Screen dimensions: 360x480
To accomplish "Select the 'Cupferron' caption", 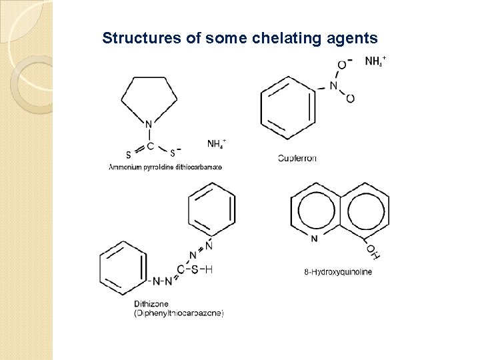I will tap(297, 158).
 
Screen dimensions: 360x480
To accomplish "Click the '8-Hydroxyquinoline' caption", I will tap(338, 271).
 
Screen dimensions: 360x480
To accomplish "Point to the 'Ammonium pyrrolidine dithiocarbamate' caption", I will tap(165, 166).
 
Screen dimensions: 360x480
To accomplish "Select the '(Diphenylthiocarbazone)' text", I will tap(179, 313).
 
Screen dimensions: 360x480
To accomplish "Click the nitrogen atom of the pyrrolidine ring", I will tap(149, 123).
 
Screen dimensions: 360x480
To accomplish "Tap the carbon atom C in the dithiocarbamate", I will tap(150, 145).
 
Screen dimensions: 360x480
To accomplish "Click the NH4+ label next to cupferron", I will tap(375, 61).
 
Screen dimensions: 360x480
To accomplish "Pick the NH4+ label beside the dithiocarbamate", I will tap(217, 143).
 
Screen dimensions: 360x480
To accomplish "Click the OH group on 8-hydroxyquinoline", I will tap(373, 251).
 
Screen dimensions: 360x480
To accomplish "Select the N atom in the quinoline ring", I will tap(314, 237).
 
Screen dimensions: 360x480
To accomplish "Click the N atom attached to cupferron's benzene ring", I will tap(333, 85).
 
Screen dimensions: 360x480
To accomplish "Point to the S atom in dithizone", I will tap(195, 269).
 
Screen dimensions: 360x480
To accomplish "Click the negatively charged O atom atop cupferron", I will tap(341, 65).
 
